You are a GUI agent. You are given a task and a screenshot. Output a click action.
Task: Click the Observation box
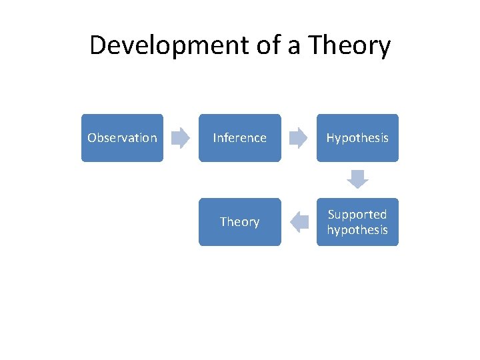[122, 138]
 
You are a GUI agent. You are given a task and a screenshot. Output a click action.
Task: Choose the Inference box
[239, 138]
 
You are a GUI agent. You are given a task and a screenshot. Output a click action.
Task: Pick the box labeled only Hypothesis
[357, 138]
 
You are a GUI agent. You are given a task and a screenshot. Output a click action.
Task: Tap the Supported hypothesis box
[357, 222]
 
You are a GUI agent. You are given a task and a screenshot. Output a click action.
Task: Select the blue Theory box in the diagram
[239, 222]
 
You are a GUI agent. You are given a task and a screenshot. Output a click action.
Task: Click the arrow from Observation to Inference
[181, 138]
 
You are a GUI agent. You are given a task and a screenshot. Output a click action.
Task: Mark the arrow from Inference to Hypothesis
[299, 138]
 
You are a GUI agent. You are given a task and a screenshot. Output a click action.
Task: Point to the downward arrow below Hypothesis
[357, 179]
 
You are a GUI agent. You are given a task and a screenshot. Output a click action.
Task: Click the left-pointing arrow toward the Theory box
[299, 222]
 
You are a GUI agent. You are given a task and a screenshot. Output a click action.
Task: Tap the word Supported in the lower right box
[357, 215]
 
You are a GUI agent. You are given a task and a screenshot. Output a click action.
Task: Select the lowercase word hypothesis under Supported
[357, 230]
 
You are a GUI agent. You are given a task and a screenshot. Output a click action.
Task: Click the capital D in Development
[98, 45]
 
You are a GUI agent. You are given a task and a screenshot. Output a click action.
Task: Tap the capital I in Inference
[214, 138]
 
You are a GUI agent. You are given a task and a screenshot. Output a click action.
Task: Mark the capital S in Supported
[331, 215]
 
